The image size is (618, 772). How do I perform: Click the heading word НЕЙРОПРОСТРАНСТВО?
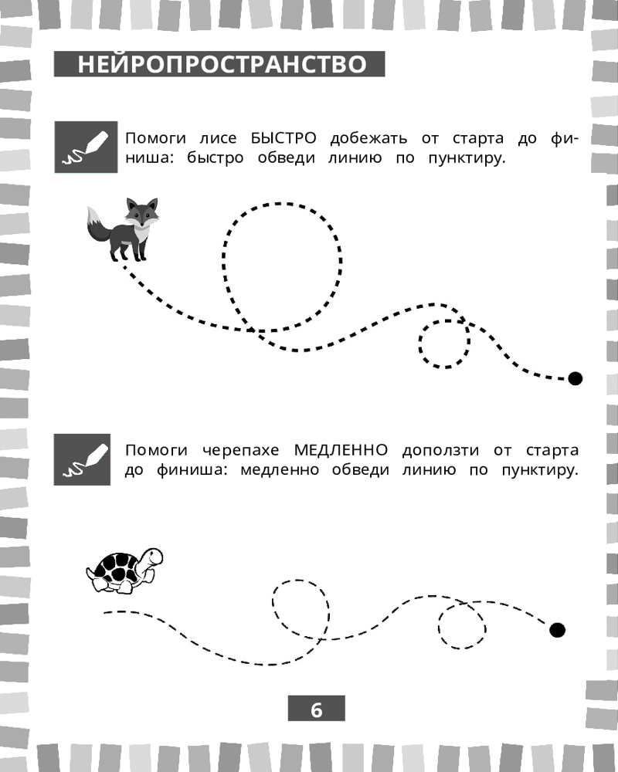222,64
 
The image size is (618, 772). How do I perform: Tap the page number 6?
317,710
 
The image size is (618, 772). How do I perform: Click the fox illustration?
123,229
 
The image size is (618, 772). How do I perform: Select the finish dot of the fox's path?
575,378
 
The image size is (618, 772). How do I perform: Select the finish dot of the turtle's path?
558,630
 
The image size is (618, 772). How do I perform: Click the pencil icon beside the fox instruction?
86,147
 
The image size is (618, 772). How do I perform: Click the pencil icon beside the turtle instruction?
83,459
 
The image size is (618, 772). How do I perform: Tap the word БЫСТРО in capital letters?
284,138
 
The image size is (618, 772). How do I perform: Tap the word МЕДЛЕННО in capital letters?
341,450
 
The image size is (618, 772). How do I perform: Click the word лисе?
218,138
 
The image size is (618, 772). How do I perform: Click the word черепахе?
240,451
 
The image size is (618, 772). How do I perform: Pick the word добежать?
368,138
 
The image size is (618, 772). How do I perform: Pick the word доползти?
440,451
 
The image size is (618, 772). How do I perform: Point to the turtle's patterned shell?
116,567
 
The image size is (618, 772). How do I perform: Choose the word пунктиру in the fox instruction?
467,158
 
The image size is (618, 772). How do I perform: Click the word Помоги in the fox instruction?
156,138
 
